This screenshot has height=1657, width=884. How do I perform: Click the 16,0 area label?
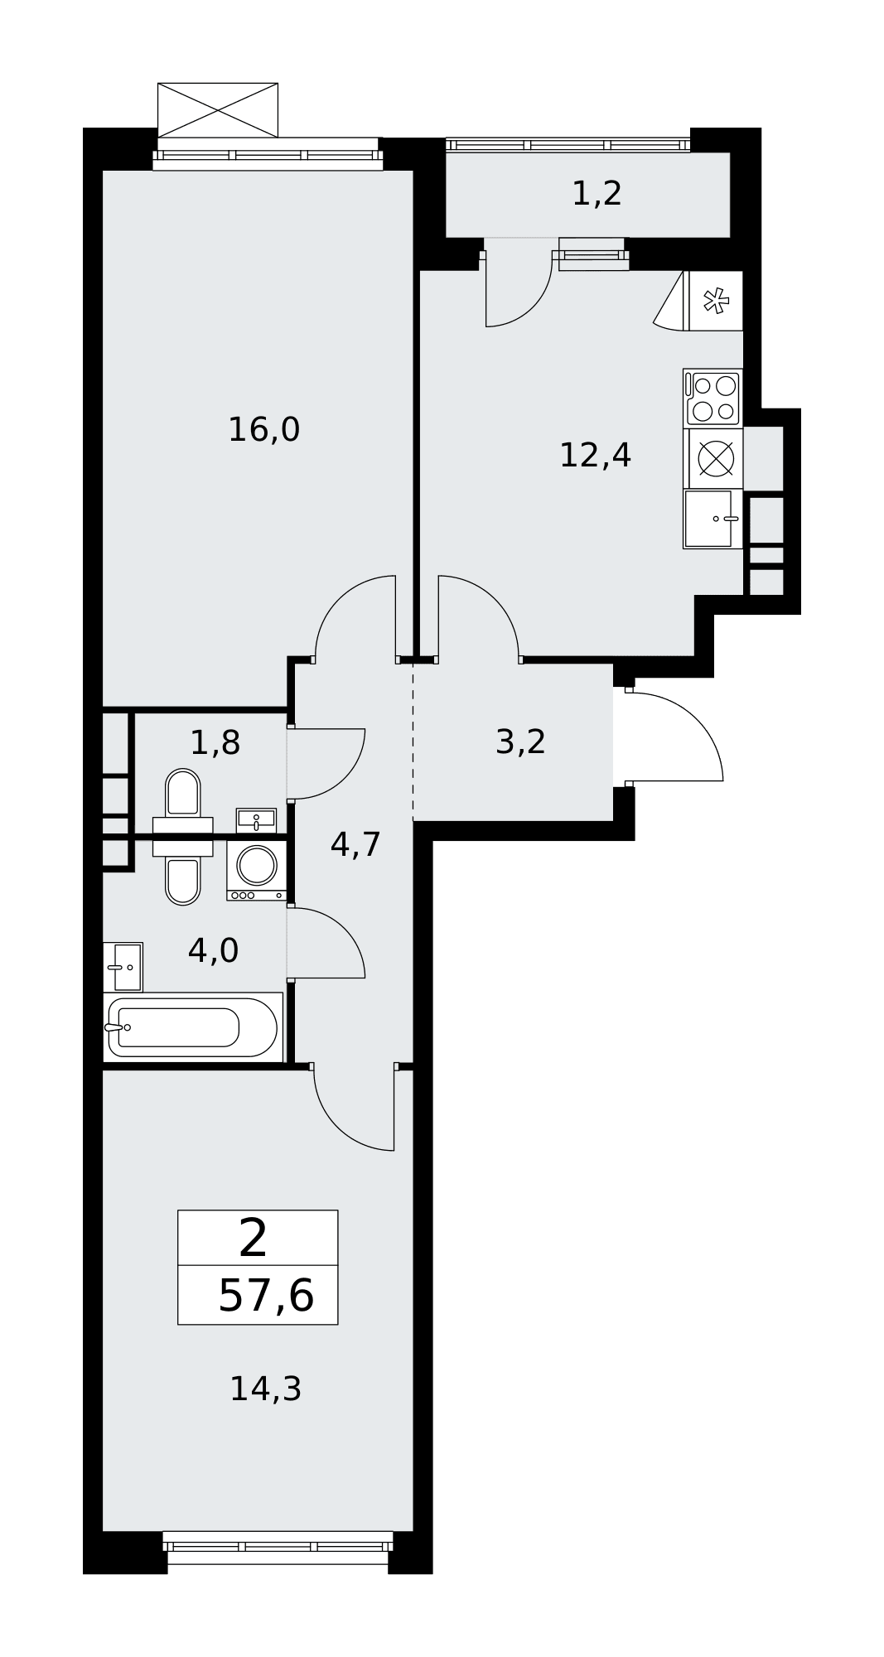click(263, 430)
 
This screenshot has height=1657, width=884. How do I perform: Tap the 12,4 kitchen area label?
click(595, 455)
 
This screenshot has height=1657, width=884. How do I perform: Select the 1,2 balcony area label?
click(597, 193)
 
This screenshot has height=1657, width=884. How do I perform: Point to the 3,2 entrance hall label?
click(520, 742)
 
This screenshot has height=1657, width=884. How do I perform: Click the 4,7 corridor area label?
click(355, 844)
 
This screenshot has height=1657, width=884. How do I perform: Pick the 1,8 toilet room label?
click(215, 742)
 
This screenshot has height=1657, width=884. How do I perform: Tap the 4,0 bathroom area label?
click(213, 950)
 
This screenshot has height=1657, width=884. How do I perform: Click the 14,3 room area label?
click(265, 1389)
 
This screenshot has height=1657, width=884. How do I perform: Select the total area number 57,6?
click(266, 1296)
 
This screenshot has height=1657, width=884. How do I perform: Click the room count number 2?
click(254, 1238)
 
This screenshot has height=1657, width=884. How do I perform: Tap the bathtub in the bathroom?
click(193, 1027)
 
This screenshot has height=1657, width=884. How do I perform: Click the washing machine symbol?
click(257, 871)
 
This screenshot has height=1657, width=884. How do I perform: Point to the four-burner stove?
click(713, 398)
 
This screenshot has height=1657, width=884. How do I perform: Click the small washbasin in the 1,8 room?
click(256, 820)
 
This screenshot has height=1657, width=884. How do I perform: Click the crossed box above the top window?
click(218, 110)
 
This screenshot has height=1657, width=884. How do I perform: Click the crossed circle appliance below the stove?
click(716, 458)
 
